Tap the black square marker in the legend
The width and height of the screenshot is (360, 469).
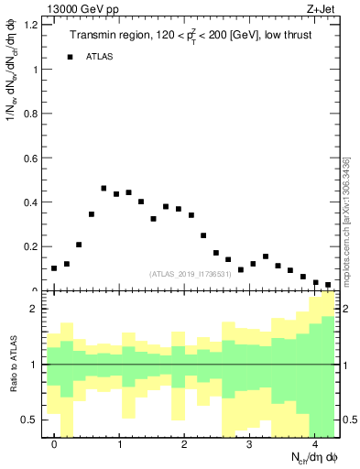pos(70,57)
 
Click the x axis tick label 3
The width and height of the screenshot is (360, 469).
pos(250,445)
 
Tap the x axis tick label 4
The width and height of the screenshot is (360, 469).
pos(315,445)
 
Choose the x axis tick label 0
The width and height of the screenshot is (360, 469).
pos(55,445)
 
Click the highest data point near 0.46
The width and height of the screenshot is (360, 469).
pos(104,189)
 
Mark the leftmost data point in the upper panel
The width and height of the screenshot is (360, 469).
pos(54,268)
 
